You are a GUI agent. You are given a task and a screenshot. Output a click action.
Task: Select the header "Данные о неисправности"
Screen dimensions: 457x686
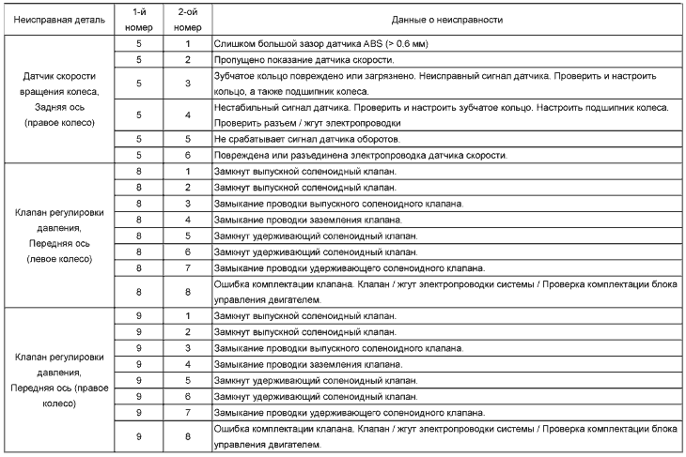[448, 19]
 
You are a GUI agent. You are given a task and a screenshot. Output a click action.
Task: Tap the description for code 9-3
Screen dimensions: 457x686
[338, 348]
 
